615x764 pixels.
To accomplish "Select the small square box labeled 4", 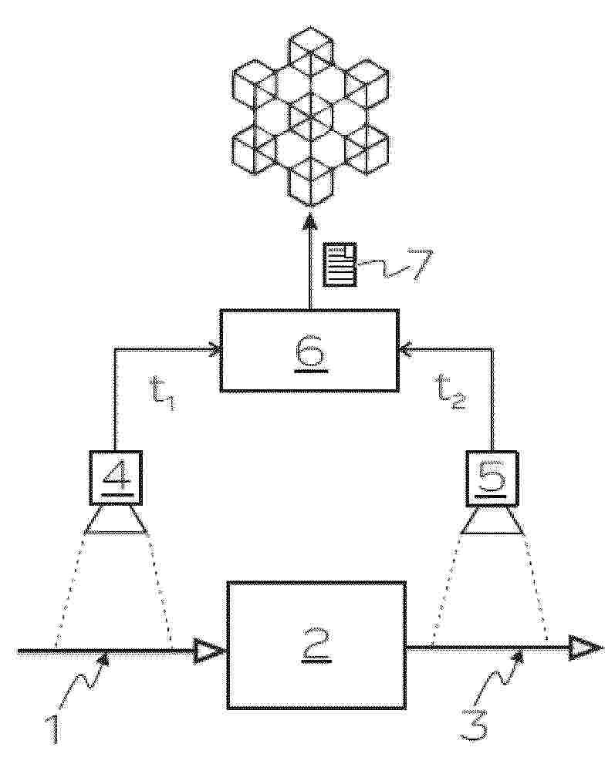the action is coord(116,477).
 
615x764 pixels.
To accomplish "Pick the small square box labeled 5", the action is coord(491,476).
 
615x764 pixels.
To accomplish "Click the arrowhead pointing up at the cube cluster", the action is coord(309,220).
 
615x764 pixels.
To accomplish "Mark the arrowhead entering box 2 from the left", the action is coord(210,651).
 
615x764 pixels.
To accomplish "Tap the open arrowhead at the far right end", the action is coord(588,648).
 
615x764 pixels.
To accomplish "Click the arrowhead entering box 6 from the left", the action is coord(215,349).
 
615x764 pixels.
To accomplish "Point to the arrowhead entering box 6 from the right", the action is coord(404,348).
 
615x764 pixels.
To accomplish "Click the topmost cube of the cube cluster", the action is coord(309,55).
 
